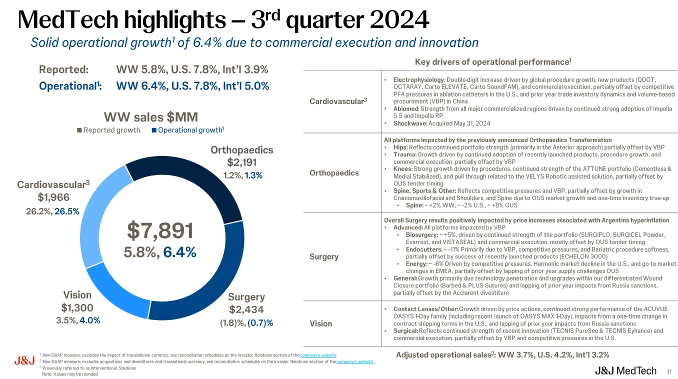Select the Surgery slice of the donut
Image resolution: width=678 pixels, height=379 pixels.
[x=200, y=290]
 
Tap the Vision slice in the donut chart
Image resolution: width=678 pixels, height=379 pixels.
[x=107, y=290]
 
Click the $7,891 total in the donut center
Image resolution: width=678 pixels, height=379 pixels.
[x=160, y=230]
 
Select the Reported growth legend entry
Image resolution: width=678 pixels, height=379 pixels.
[x=108, y=130]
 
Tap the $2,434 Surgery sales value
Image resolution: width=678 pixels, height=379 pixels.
[x=246, y=309]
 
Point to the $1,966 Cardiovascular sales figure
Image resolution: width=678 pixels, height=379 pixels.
[x=53, y=197]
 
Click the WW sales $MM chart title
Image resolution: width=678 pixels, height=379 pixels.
[x=150, y=117]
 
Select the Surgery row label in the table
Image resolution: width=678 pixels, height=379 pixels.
[x=324, y=256]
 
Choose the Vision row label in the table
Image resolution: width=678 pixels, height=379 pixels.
[x=320, y=323]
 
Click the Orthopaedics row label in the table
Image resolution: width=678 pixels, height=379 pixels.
[x=334, y=173]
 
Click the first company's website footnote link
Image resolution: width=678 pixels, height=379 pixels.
[x=318, y=355]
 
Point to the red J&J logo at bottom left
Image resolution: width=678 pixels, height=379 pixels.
[x=24, y=361]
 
